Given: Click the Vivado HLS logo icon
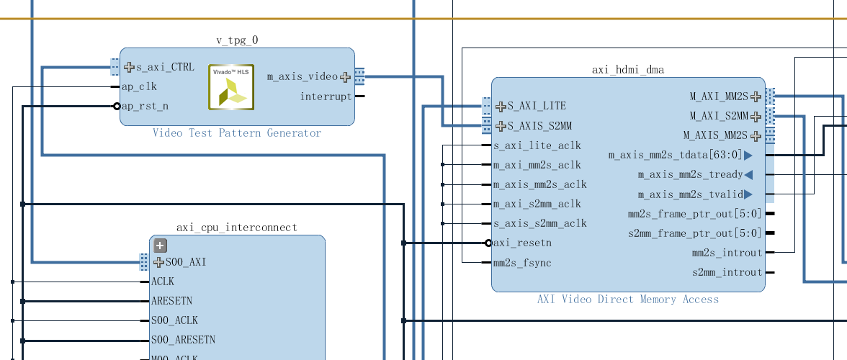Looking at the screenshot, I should pyautogui.click(x=231, y=87).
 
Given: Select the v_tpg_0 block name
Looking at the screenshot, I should pyautogui.click(x=237, y=40).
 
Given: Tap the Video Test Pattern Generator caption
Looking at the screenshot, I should pyautogui.click(x=237, y=133).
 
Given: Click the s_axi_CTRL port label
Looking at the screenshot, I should pyautogui.click(x=165, y=67).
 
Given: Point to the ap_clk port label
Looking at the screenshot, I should pyautogui.click(x=139, y=86).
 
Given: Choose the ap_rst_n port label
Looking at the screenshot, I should pyautogui.click(x=145, y=106).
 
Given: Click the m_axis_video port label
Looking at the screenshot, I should pyautogui.click(x=302, y=76).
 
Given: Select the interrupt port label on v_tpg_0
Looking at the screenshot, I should pyautogui.click(x=326, y=96).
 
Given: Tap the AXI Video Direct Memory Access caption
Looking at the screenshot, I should pyautogui.click(x=628, y=300).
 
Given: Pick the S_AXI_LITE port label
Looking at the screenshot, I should pyautogui.click(x=537, y=106).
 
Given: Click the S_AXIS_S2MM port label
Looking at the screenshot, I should pyautogui.click(x=539, y=126).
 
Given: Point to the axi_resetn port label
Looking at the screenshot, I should pyautogui.click(x=522, y=243).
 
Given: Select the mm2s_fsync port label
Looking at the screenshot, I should pyautogui.click(x=522, y=263).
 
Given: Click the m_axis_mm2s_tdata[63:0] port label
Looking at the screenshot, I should pyautogui.click(x=675, y=155).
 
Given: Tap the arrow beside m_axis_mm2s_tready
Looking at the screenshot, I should pyautogui.click(x=748, y=175).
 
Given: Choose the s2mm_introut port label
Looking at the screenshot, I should pyautogui.click(x=727, y=272).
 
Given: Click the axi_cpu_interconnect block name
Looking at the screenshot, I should pyautogui.click(x=237, y=228).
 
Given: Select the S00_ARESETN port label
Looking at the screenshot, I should pyautogui.click(x=183, y=339).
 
